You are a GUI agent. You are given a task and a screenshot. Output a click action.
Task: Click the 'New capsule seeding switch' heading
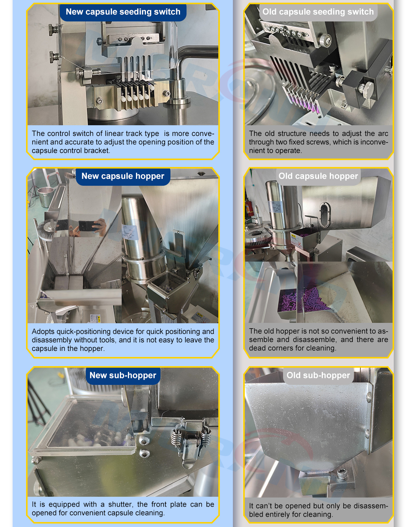(123, 11)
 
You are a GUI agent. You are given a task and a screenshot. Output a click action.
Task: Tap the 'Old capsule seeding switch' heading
(318, 11)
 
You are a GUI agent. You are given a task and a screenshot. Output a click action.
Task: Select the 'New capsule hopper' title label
(123, 176)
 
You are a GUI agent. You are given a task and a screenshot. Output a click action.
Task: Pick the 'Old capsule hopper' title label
(318, 176)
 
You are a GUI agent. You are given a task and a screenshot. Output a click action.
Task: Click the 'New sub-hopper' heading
(123, 375)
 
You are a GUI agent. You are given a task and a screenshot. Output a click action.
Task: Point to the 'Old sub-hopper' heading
(318, 375)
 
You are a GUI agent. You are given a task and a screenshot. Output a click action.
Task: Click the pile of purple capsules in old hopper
(303, 300)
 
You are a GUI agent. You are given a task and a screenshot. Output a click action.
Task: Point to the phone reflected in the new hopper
(89, 226)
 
